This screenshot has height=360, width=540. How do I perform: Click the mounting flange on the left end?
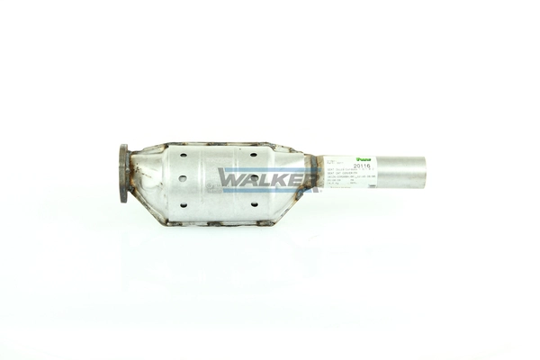(x=123, y=174)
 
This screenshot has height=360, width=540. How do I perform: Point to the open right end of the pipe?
(x=423, y=172)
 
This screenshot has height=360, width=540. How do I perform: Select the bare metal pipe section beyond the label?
(x=400, y=172)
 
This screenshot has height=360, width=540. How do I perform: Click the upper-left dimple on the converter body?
(x=182, y=155)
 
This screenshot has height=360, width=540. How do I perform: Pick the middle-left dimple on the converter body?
(x=183, y=178)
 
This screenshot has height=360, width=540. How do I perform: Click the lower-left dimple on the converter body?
(x=183, y=203)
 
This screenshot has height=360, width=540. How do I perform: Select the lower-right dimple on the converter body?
(x=254, y=204)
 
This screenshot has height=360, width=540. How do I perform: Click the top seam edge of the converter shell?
(x=216, y=144)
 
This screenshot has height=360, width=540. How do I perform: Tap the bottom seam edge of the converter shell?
(x=216, y=222)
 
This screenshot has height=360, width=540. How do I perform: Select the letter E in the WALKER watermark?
(x=291, y=178)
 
